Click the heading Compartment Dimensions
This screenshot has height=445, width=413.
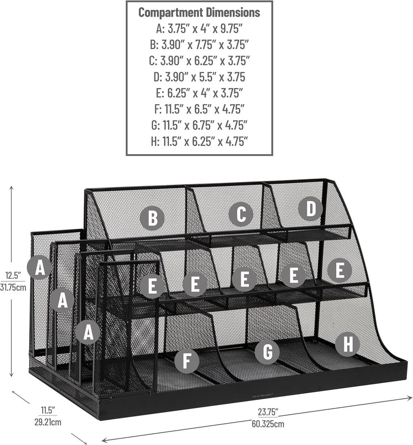coord(199,12)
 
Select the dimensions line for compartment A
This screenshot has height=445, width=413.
coord(199,28)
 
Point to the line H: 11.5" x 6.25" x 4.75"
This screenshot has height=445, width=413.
coord(199,141)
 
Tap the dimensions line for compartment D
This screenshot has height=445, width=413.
coord(199,77)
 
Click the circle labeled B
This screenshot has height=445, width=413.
coord(152,218)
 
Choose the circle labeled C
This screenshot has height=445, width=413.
coord(241,214)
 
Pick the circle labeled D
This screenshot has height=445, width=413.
coord(311,209)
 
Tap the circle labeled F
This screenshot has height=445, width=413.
coord(186,360)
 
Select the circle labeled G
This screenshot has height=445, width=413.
coord(267,351)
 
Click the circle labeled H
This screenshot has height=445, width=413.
coord(347,344)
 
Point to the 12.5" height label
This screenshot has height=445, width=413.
coord(13,276)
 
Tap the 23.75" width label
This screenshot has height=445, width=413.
coord(267,412)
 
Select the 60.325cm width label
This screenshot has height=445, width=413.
coord(268,424)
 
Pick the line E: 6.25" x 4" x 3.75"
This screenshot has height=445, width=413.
coord(199,93)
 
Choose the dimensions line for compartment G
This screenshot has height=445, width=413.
coord(199,125)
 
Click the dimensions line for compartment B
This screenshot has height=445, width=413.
coord(199,44)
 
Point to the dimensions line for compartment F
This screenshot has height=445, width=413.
coord(199,109)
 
